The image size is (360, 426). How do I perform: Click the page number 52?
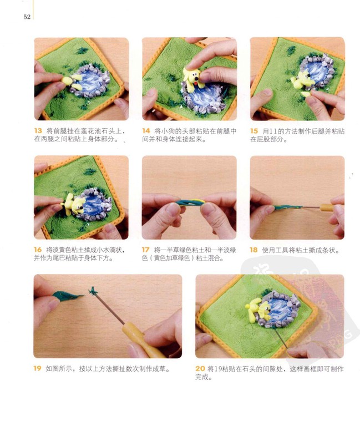[27, 17]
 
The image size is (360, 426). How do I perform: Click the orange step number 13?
[38, 131]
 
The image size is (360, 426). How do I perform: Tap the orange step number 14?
[146, 131]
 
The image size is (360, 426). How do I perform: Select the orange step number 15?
[253, 131]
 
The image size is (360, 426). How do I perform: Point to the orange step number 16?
[38, 250]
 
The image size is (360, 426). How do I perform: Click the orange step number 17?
[146, 250]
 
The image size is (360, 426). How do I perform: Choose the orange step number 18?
[253, 250]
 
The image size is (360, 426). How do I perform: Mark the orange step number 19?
[37, 368]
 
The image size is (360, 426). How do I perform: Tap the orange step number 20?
[200, 368]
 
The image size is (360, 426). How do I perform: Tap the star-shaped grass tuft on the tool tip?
[93, 291]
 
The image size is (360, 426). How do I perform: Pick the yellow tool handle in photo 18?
[327, 207]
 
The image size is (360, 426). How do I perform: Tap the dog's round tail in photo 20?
[248, 306]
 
